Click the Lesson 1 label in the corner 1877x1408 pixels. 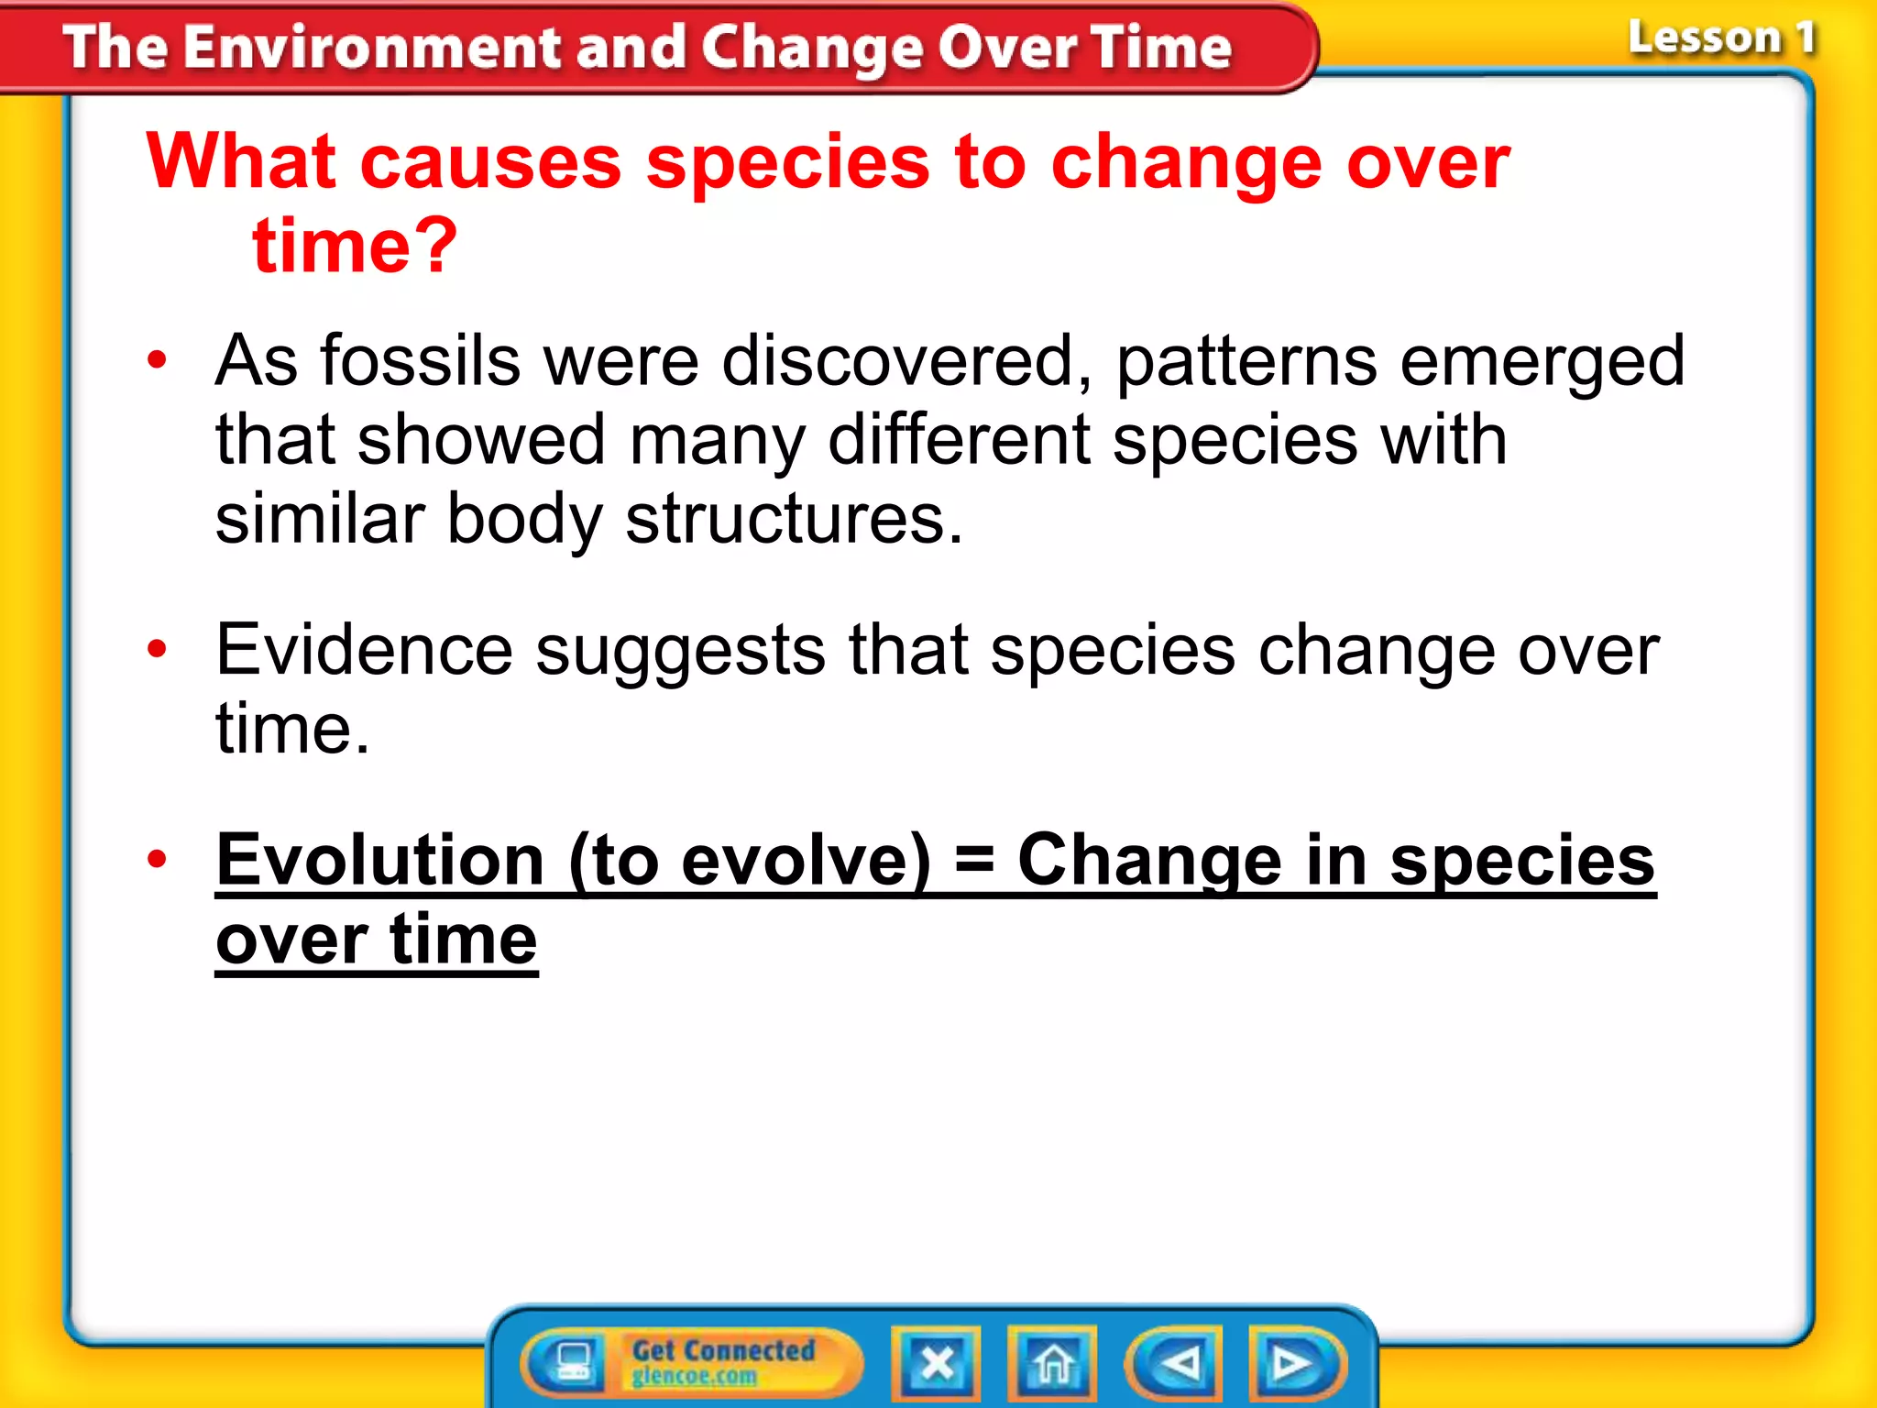pyautogui.click(x=1720, y=38)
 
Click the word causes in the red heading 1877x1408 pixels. pyautogui.click(x=490, y=162)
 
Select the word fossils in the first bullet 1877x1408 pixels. pyautogui.click(x=420, y=360)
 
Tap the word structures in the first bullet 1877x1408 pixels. pyautogui.click(x=794, y=519)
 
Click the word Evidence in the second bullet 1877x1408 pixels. pyautogui.click(x=364, y=650)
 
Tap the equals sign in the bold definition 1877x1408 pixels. pyautogui.click(x=973, y=862)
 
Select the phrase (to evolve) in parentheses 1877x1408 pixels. pyautogui.click(x=750, y=862)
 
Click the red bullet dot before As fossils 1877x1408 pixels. pyautogui.click(x=158, y=360)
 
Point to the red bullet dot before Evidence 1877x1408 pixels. pyautogui.click(x=158, y=649)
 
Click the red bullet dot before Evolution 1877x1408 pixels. pyautogui.click(x=158, y=859)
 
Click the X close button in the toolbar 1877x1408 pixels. pyautogui.click(x=936, y=1363)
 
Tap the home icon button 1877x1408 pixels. pyautogui.click(x=1052, y=1363)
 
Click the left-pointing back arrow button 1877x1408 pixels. pyautogui.click(x=1177, y=1363)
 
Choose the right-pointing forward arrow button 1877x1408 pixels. pyautogui.click(x=1294, y=1363)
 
